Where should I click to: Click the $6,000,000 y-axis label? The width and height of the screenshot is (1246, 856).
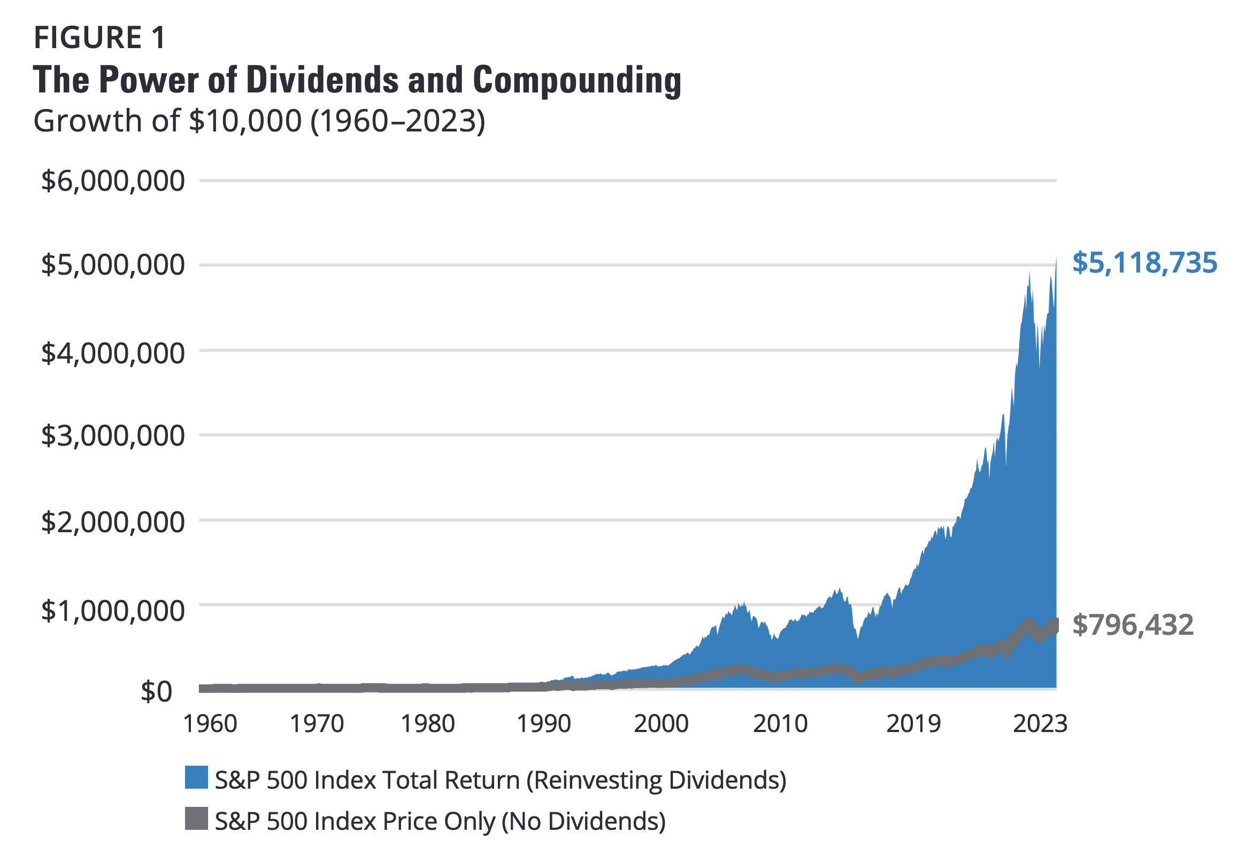point(113,181)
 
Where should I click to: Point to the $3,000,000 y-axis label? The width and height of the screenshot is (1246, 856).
point(113,435)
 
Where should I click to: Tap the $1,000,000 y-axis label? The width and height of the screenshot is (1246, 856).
point(113,611)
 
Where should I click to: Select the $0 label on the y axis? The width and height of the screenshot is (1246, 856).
point(156,691)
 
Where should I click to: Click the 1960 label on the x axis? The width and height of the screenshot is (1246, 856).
point(210,723)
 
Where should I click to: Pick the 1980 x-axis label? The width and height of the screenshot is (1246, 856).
point(428,723)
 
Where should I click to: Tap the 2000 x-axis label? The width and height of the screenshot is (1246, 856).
point(660,723)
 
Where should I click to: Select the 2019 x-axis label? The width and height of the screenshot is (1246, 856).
point(913,723)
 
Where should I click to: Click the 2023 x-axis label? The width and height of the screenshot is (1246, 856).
point(1040,723)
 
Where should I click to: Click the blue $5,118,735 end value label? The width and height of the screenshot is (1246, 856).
point(1144,263)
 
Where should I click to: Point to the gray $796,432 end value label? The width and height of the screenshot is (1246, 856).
point(1133,625)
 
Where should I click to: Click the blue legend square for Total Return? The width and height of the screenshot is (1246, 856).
point(196,777)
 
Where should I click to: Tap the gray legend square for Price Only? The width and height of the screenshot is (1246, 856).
point(196,819)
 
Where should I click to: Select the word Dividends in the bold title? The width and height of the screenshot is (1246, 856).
point(322,80)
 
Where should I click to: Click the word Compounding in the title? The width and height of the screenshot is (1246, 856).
point(577,80)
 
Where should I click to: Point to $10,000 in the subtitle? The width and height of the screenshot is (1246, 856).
point(245,121)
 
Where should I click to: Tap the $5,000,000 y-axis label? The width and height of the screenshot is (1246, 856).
point(113,264)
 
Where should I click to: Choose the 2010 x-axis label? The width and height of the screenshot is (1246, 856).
point(780,723)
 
